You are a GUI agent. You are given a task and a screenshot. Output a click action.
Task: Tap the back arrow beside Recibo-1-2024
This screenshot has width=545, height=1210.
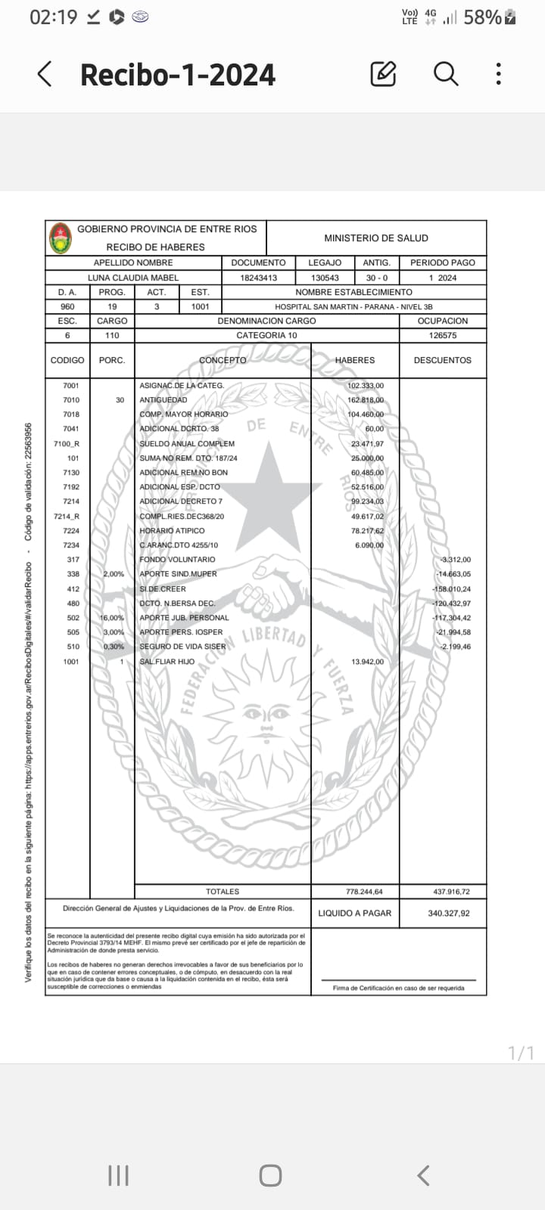tap(45, 74)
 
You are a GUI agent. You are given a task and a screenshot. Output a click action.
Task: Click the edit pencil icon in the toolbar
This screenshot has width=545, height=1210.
tap(384, 73)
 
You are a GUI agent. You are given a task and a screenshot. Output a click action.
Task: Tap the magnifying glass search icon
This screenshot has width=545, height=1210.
tap(446, 73)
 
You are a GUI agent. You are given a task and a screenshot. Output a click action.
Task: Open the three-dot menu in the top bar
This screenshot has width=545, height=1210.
tap(498, 73)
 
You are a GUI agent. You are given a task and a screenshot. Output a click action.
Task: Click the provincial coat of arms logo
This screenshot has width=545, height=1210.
tap(61, 237)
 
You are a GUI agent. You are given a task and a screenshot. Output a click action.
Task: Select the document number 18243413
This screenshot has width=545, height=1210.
tap(258, 278)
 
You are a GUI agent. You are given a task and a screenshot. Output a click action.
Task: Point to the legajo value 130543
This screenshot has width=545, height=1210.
tap(325, 278)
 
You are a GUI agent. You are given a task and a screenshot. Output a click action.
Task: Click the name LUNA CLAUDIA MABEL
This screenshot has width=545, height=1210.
tap(133, 278)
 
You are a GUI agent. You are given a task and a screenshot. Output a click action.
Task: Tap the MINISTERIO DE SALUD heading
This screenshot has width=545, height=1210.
tap(376, 238)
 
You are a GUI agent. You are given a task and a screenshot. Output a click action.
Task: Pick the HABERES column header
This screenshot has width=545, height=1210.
tap(355, 360)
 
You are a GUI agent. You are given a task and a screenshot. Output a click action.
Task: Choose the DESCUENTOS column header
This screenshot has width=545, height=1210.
tap(442, 360)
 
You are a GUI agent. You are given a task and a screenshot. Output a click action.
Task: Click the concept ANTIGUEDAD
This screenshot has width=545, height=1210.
tap(163, 400)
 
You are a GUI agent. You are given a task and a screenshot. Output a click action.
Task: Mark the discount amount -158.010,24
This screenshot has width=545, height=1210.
tap(451, 589)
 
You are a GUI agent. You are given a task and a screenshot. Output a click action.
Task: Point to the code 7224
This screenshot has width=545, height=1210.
tap(71, 531)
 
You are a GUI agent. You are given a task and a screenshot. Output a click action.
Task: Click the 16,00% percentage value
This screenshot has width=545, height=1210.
tap(112, 618)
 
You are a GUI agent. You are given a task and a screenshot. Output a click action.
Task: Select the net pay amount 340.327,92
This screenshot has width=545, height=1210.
tap(448, 914)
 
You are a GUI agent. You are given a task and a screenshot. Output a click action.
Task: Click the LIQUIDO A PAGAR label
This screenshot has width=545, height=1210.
tap(355, 914)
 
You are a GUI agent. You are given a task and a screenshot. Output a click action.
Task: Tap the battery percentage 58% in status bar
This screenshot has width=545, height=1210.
tap(482, 17)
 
